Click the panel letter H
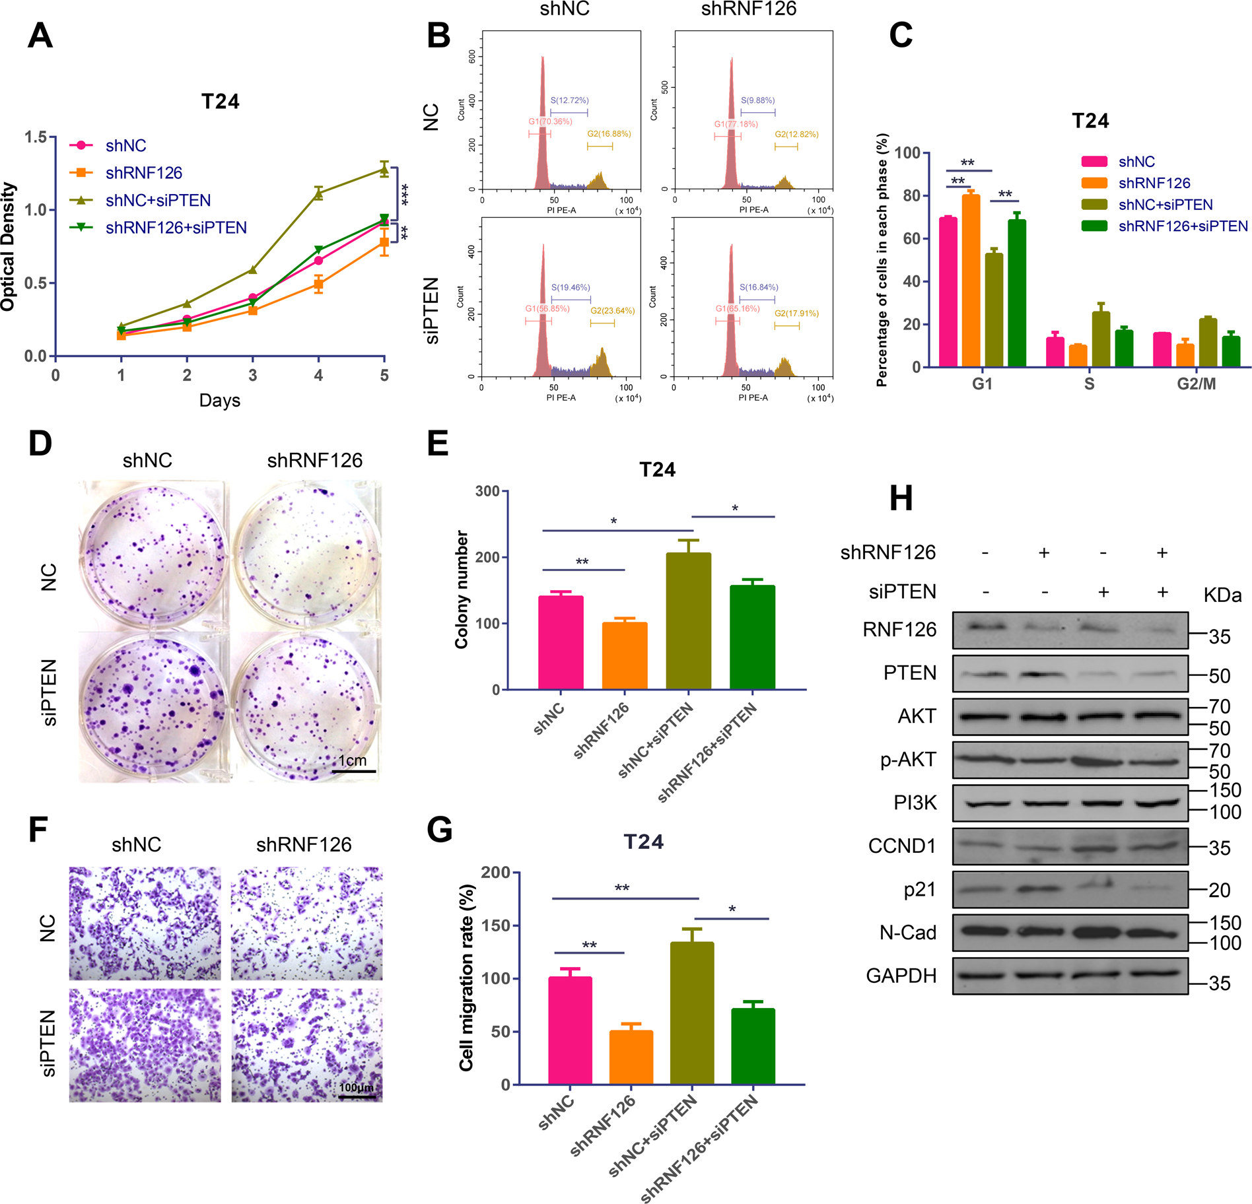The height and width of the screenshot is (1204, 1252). point(901,498)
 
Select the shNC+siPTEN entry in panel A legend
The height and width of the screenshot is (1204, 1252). point(158,200)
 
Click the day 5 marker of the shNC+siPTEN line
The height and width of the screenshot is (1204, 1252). point(384,170)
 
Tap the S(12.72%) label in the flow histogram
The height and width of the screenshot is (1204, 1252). point(569,100)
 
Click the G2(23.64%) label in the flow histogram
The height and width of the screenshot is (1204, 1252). point(612,310)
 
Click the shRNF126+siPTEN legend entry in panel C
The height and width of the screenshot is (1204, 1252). point(1183,226)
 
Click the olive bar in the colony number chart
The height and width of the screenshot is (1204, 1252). point(688,620)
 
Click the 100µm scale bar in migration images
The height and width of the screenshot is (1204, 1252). point(357,1097)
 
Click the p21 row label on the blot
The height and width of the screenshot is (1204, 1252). point(919,889)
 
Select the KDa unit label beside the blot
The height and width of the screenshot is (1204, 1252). point(1222,595)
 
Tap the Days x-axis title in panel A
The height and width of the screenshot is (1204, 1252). point(219,400)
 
